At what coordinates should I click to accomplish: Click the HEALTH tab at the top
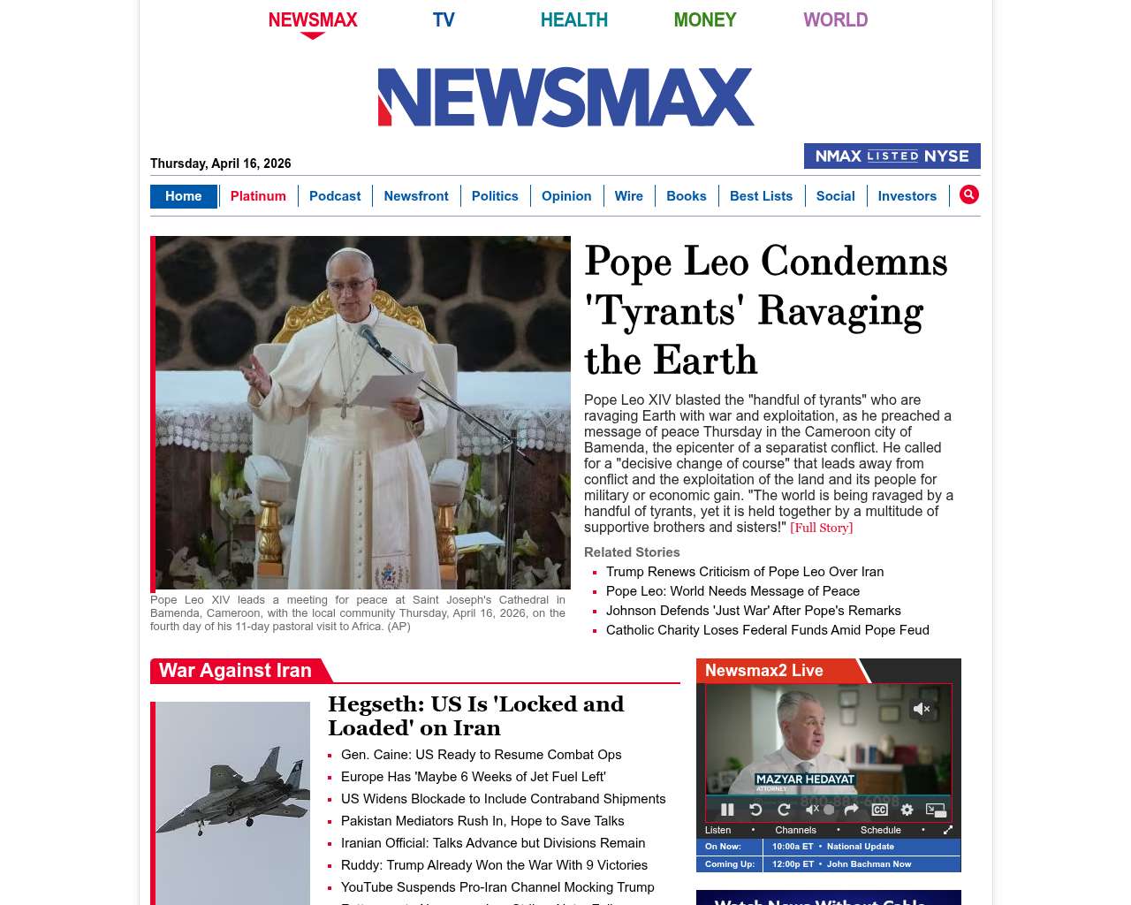tap(573, 19)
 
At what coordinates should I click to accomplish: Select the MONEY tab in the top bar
tap(704, 19)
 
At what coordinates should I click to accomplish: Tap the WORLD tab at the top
tap(835, 19)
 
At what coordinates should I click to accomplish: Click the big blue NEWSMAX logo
tap(565, 97)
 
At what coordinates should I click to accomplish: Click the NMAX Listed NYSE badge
tap(892, 156)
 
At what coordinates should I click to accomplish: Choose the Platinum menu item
tap(258, 196)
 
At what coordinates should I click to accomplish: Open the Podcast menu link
tap(335, 196)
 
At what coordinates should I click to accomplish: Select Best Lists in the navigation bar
tap(761, 196)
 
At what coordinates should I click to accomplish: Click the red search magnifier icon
tap(968, 194)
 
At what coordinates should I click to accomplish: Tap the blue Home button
tap(183, 196)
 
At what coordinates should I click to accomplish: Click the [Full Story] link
tap(821, 528)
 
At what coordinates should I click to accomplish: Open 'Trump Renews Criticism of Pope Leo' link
tap(744, 572)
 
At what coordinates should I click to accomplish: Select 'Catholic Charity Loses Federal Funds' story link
tap(767, 630)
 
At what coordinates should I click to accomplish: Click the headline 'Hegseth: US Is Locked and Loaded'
tap(475, 716)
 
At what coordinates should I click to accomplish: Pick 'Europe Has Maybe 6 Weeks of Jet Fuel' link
tap(473, 777)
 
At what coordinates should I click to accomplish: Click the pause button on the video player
tap(727, 810)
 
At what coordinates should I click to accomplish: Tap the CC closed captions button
tap(879, 810)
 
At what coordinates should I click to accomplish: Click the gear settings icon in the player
tap(907, 810)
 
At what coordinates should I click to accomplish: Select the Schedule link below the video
tap(880, 830)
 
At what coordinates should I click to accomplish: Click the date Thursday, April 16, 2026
tap(220, 164)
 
